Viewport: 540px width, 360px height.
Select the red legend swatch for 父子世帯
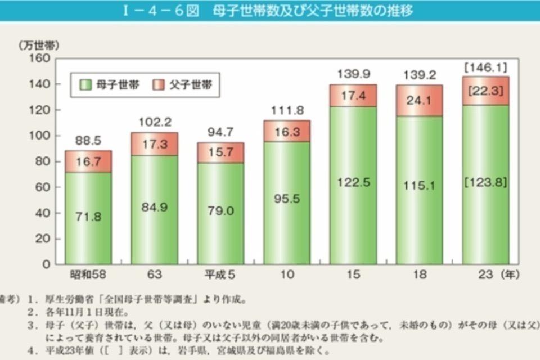159,85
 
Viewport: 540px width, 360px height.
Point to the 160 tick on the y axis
44,58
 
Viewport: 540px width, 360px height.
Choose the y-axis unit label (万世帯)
38,44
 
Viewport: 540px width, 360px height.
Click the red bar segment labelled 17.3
154,144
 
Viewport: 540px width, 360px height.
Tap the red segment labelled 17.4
353,96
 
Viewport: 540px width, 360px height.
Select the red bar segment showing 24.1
419,103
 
